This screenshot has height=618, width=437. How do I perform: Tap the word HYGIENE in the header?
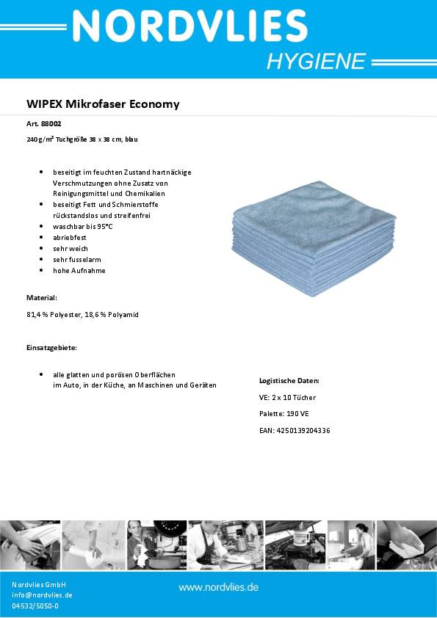click(315, 62)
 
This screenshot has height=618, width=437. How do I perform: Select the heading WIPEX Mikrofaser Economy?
click(103, 104)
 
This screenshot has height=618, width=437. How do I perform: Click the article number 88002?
click(51, 124)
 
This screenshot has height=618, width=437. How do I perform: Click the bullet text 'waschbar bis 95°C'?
click(83, 227)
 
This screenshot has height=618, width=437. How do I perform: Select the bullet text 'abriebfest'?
click(70, 238)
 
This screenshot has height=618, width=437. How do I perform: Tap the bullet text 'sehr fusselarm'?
click(77, 260)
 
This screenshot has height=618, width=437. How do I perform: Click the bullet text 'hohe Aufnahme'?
click(79, 271)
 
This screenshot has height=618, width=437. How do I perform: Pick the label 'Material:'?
click(42, 298)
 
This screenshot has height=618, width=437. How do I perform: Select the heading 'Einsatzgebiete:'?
click(51, 346)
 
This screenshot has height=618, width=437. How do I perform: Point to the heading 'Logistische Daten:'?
click(289, 381)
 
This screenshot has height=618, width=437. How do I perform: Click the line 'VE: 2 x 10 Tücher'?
click(287, 398)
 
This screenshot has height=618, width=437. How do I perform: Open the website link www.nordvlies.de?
click(218, 587)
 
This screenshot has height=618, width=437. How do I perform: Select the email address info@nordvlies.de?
click(42, 595)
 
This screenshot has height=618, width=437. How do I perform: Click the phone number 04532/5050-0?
click(35, 606)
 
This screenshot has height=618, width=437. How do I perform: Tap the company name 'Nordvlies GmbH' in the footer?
click(40, 584)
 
